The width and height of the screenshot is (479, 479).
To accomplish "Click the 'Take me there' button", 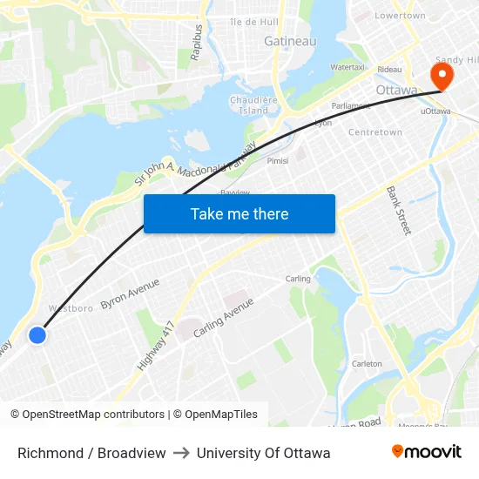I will [x=239, y=213].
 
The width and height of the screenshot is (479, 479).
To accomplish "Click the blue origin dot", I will [x=37, y=334].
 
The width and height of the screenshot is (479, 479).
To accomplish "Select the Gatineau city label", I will [x=290, y=41].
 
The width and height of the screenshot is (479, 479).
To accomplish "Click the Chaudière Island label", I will [x=253, y=105].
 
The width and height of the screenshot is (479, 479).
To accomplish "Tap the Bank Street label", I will [x=399, y=210].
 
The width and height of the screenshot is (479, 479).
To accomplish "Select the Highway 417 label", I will [x=157, y=346].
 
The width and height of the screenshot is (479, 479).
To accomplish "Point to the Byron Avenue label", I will [x=130, y=293].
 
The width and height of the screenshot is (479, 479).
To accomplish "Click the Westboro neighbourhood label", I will [x=71, y=308].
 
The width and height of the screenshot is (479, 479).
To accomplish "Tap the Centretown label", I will [x=374, y=132].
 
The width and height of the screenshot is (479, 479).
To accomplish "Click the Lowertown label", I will [x=400, y=16].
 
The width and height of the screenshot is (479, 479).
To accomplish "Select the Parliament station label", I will [x=351, y=105].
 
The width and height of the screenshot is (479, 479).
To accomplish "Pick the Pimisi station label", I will [x=278, y=160].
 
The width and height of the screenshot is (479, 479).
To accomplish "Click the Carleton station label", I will [x=366, y=363].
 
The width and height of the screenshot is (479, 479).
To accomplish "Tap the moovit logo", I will [x=427, y=452].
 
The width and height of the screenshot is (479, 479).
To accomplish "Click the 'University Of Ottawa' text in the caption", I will [x=263, y=453].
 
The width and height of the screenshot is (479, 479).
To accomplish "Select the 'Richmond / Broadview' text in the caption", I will [x=91, y=453].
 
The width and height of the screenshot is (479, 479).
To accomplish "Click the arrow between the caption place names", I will [x=181, y=453].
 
